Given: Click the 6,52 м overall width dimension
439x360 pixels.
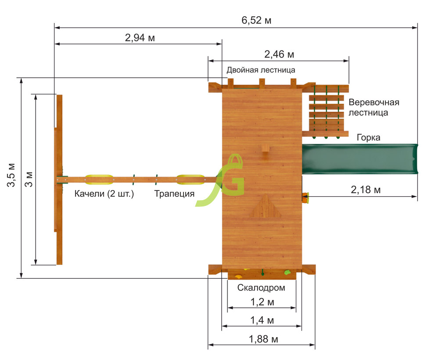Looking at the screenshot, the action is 256,21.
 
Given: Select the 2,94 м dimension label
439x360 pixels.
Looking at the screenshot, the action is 140,37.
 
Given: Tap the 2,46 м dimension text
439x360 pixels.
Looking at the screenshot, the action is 279,54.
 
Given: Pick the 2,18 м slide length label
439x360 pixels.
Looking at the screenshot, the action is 366,190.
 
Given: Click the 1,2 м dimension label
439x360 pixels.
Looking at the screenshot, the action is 262,302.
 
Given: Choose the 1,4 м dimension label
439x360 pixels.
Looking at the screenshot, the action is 262,320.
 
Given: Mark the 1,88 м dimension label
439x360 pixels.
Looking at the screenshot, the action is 263,339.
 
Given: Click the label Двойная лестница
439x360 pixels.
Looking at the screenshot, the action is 261,70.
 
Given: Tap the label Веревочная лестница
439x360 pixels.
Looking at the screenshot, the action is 374,108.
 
